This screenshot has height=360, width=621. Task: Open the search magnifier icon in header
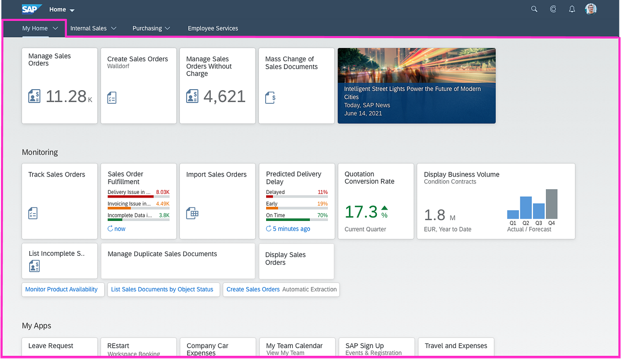tap(534, 9)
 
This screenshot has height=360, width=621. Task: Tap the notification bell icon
tap(572, 9)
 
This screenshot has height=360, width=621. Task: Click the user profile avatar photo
tap(591, 9)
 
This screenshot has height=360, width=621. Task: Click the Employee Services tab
tap(213, 28)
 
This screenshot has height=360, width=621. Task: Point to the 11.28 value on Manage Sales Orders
tap(66, 97)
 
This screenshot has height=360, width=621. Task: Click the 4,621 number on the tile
tap(224, 97)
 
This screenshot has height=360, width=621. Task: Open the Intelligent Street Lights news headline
tap(412, 93)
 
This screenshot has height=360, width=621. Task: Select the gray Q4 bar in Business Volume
tap(551, 204)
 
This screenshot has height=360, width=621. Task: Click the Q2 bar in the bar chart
tap(526, 208)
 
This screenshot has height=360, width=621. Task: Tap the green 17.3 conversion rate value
tap(361, 212)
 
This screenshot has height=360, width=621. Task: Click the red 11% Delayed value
tap(322, 192)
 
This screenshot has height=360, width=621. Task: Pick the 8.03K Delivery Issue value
tap(162, 192)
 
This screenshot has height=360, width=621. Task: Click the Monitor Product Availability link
tap(61, 290)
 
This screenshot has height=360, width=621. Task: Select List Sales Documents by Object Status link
tap(162, 290)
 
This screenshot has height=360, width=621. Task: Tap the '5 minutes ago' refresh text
tap(291, 229)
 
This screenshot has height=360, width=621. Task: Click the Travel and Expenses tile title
tap(455, 346)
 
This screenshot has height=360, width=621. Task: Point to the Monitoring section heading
tap(40, 152)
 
